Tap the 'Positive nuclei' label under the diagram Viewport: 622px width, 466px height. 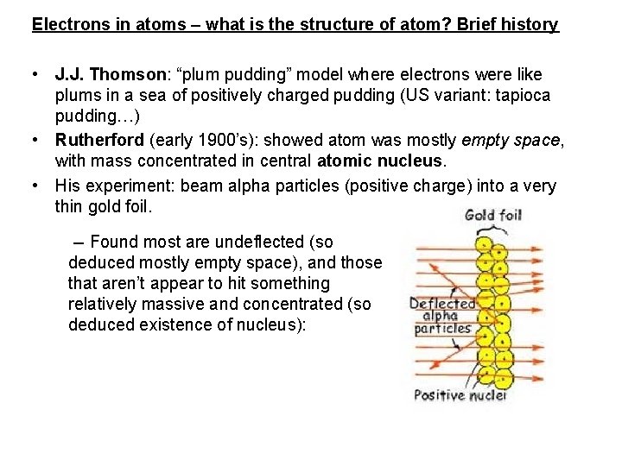[x=460, y=395]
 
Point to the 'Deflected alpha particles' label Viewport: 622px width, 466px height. [x=442, y=316]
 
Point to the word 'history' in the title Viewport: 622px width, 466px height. [x=529, y=24]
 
